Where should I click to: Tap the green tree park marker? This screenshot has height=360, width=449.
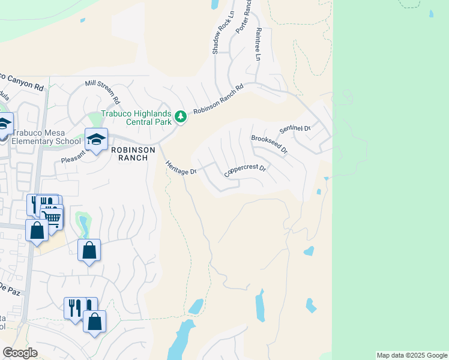coord(180,115)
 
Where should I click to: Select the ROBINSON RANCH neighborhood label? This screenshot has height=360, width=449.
coord(133,154)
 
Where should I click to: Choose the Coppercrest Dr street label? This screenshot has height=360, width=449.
coord(244,170)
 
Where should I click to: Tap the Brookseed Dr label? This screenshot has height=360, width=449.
coord(268,145)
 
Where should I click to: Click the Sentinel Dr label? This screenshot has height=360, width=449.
coord(294,129)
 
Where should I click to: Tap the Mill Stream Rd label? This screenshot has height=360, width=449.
coord(103,90)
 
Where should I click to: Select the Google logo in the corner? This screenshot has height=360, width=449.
coord(20,352)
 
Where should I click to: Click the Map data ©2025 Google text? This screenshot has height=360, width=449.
coord(412,355)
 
